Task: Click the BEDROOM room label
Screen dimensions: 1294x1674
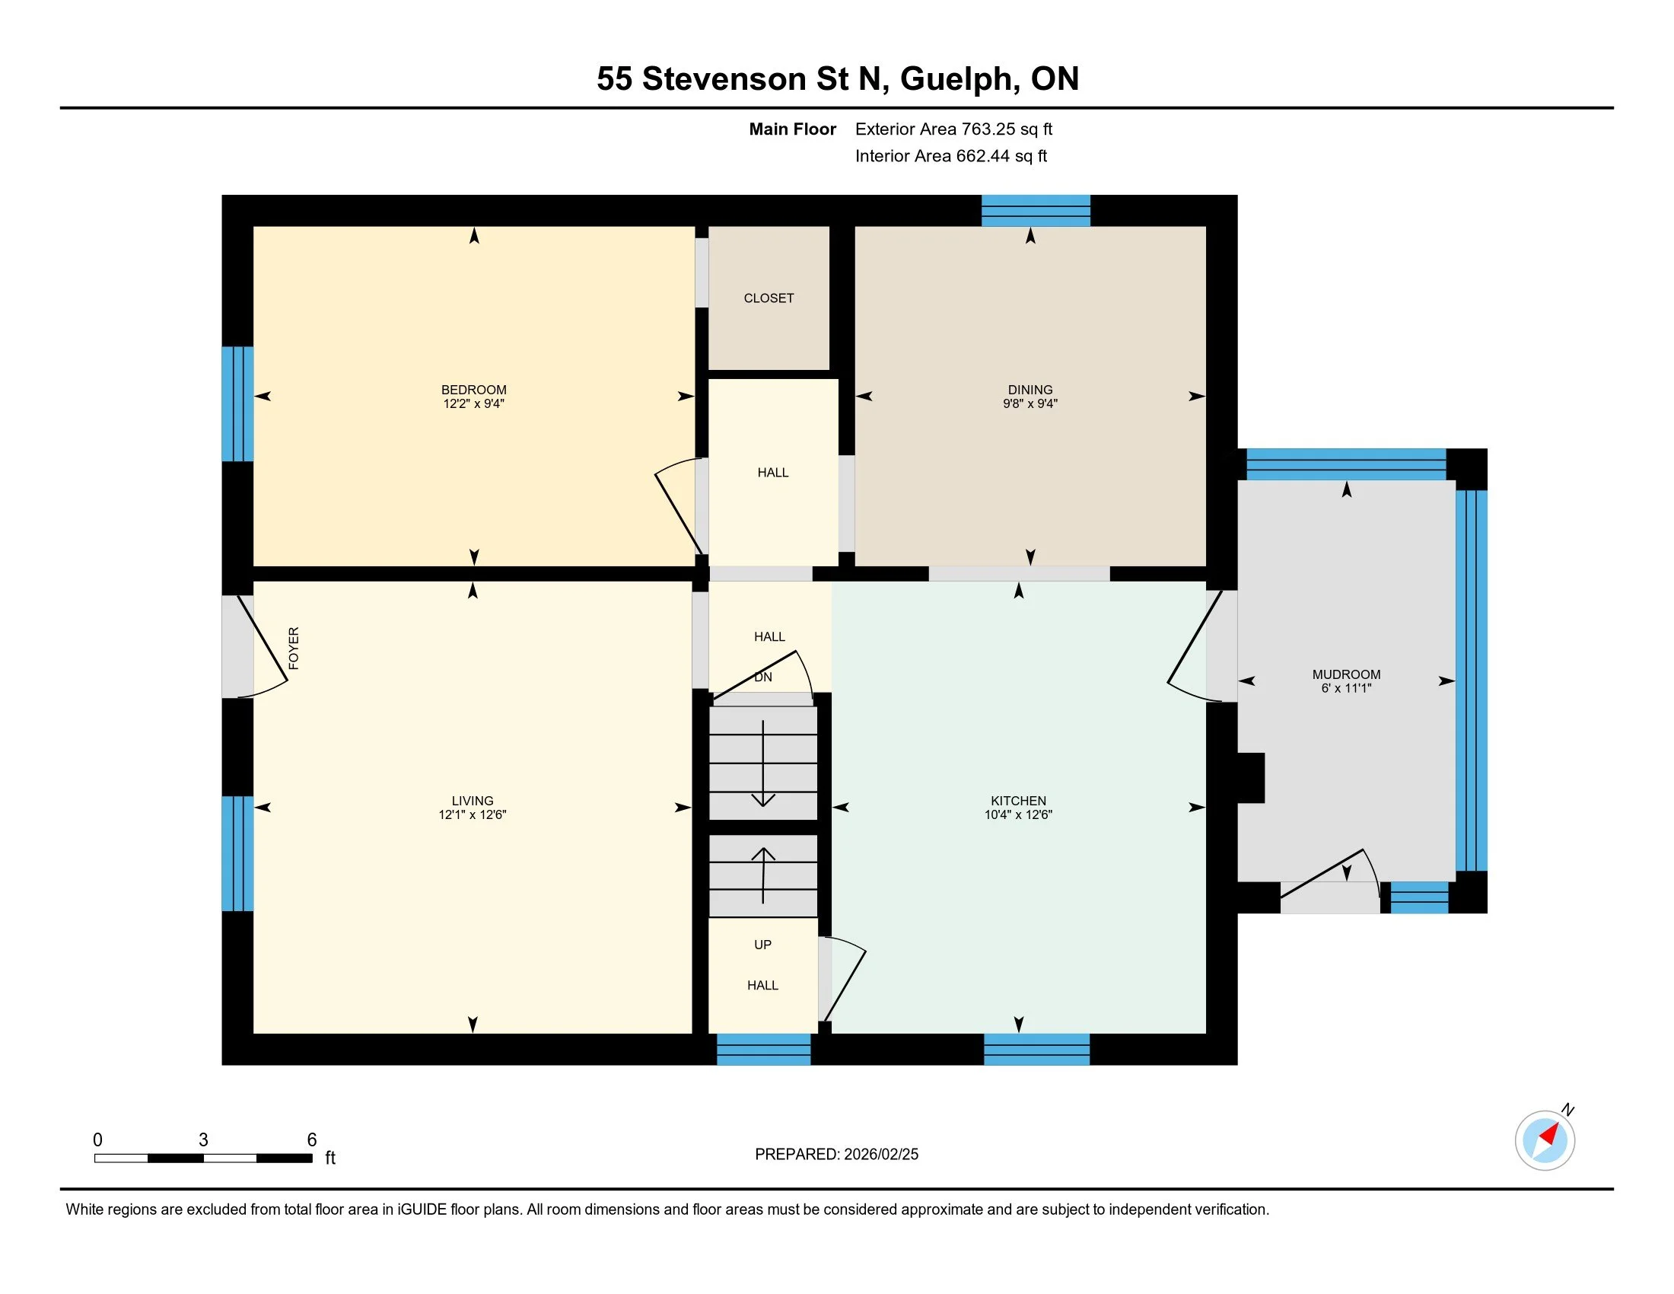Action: tap(474, 390)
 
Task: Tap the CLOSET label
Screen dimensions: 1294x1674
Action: tap(768, 298)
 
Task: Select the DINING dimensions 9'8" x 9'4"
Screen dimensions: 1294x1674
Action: tap(1030, 404)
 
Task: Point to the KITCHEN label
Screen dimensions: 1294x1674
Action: tap(1018, 800)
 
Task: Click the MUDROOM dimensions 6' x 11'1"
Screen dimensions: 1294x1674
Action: tap(1345, 688)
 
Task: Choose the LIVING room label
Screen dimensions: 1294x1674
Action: tap(473, 800)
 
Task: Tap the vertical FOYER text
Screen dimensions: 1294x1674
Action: tap(294, 648)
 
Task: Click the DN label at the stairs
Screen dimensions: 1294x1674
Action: tap(762, 677)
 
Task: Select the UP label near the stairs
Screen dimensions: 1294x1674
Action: tap(762, 945)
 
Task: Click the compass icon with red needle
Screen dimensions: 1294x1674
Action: tap(1544, 1140)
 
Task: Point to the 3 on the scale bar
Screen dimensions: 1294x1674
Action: tap(203, 1140)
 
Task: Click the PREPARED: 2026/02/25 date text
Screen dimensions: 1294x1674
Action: tap(836, 1155)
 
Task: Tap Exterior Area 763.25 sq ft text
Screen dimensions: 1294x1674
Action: tap(953, 129)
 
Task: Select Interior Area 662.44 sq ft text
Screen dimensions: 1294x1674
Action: tap(950, 156)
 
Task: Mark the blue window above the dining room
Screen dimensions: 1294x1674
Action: tap(1036, 211)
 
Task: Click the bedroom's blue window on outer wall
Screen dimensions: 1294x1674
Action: tap(237, 404)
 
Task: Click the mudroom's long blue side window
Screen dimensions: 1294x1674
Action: tap(1471, 680)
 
